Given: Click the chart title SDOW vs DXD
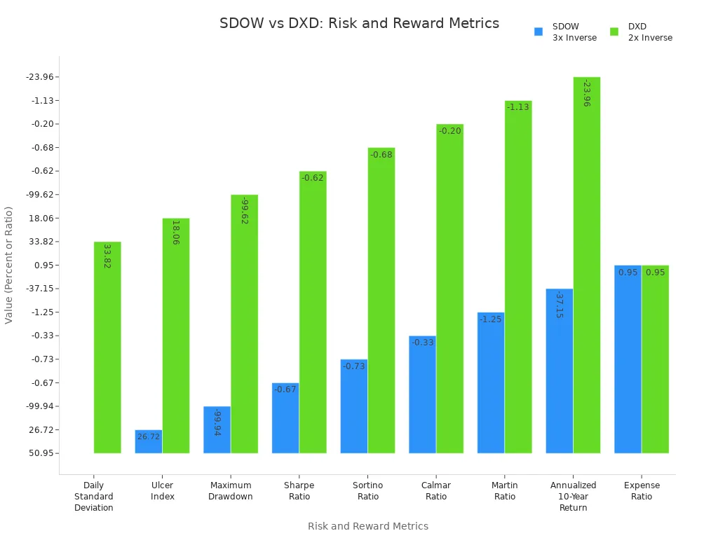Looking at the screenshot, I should (x=359, y=23).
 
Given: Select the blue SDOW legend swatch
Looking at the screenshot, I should (x=538, y=32).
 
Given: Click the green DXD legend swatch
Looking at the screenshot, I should (x=614, y=32).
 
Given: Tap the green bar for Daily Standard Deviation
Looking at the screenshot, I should (x=107, y=347).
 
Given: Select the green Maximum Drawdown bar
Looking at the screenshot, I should (x=244, y=324).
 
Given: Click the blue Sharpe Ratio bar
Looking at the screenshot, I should (x=285, y=418).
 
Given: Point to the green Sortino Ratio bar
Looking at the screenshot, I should (x=381, y=301).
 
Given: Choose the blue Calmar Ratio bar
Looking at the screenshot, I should (x=422, y=394).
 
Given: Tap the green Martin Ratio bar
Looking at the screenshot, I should (x=518, y=277).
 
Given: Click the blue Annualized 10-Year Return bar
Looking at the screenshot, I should (x=559, y=371).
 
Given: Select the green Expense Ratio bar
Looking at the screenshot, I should (x=655, y=359).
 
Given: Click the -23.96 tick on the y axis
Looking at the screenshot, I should (x=42, y=77).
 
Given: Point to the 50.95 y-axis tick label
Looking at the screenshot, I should (x=43, y=453).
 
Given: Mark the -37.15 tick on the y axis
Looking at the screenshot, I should (x=42, y=289).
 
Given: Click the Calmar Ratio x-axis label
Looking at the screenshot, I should (x=435, y=491).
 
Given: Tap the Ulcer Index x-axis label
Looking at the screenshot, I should (x=162, y=491).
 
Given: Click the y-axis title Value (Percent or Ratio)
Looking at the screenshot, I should (x=9, y=265).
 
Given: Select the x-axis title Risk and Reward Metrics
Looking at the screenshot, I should (x=367, y=526).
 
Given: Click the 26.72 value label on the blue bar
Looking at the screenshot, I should (x=148, y=436).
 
